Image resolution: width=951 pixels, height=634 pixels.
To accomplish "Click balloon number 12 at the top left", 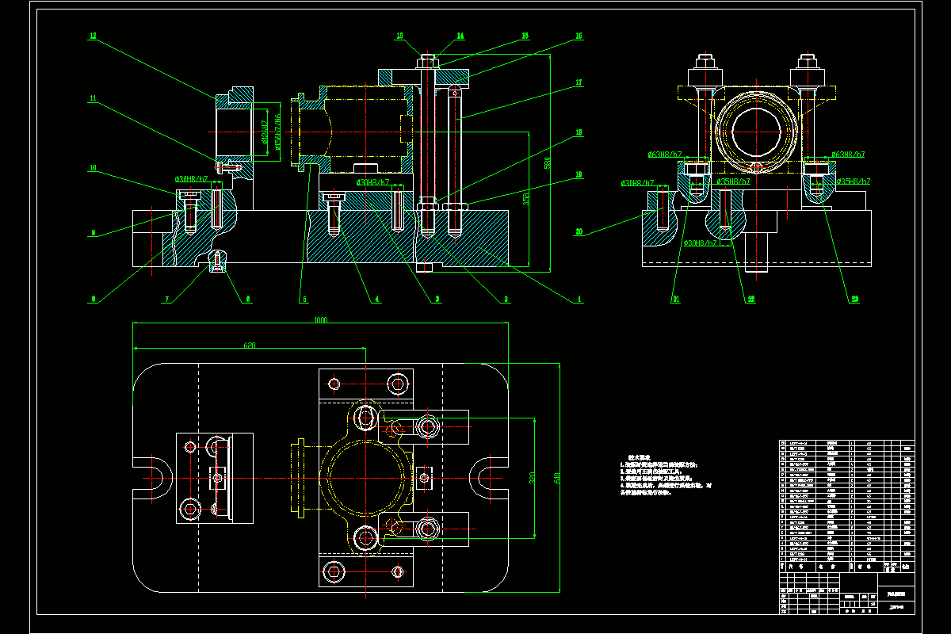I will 93,36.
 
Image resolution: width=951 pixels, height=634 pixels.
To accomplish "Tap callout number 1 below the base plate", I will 579,300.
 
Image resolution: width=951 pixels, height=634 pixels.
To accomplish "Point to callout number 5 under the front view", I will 303,300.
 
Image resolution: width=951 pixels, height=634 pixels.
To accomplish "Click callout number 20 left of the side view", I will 579,232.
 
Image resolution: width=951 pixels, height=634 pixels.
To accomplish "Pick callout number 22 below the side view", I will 750,300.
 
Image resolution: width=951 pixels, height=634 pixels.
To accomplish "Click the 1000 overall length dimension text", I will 320,320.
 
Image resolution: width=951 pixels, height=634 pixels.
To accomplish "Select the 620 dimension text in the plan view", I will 250,346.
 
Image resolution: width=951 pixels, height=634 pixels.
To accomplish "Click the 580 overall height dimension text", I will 547,163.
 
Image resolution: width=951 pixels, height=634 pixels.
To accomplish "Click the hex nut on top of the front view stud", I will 426,59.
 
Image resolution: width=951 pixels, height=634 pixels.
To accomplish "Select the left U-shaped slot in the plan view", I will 156,479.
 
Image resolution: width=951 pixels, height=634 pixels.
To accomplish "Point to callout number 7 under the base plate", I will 167,300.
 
